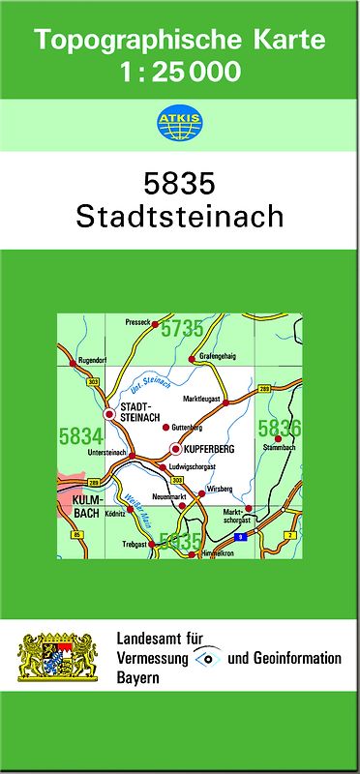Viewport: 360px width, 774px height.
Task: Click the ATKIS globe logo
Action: [179, 122]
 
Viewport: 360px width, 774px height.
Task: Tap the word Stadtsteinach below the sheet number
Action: [179, 215]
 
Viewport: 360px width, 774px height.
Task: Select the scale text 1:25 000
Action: [180, 72]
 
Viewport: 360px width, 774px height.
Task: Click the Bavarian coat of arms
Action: [59, 658]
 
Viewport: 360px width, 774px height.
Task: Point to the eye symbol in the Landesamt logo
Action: [206, 659]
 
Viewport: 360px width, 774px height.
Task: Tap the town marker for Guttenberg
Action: [165, 427]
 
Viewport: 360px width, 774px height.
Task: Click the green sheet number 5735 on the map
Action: [183, 329]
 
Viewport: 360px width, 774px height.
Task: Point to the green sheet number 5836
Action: [280, 427]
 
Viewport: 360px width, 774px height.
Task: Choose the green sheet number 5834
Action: [80, 437]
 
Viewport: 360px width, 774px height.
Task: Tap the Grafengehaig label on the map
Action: [218, 356]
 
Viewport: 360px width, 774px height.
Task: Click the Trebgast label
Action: [133, 544]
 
